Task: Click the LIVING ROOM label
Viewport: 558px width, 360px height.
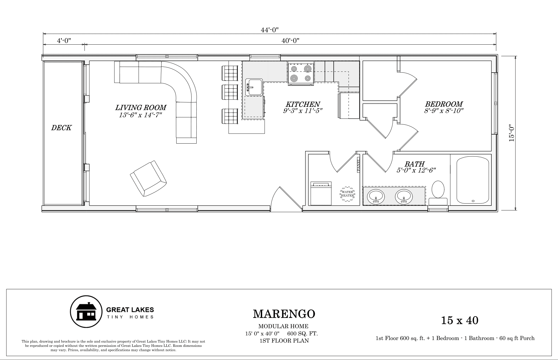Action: coord(141,107)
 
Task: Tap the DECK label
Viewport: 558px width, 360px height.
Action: coord(61,128)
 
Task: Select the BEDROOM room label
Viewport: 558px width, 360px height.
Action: coord(444,104)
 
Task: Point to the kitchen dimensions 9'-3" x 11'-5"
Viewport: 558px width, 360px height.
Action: coord(303,111)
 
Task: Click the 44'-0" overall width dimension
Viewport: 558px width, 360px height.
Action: coord(270,30)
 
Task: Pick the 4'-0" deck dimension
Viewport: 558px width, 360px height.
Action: coord(64,41)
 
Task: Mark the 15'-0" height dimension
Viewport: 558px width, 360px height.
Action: coord(511,133)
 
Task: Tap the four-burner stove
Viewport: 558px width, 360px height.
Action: coord(301,73)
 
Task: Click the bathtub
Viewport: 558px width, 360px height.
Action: coord(473,180)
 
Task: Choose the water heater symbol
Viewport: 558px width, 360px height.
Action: coord(347,194)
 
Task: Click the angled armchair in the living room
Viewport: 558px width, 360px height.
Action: coord(148,178)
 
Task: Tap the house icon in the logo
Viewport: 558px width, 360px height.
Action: coord(86,312)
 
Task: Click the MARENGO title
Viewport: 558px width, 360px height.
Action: coord(284,314)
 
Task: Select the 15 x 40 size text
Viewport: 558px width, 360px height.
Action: coord(460,320)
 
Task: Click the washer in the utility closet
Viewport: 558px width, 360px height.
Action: coord(321,193)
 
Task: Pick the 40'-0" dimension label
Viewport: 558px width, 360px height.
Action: coord(290,41)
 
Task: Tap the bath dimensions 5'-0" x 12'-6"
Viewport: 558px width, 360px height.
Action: coord(416,170)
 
